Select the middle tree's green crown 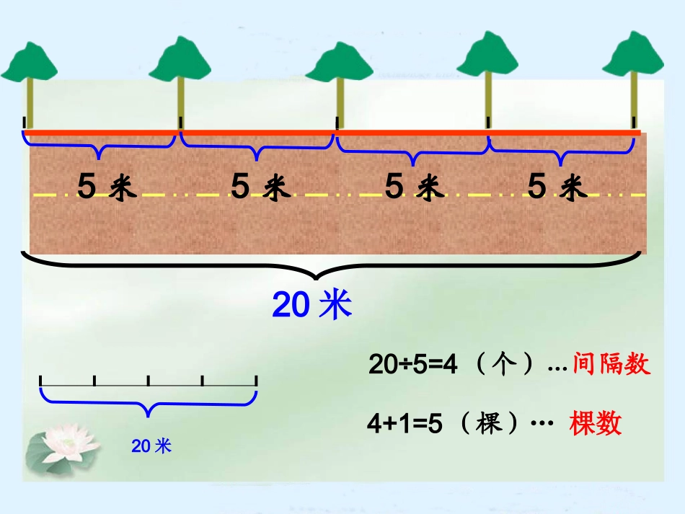(x=337, y=63)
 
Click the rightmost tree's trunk (x=634, y=97)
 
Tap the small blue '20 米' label (x=151, y=447)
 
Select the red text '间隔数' (x=611, y=365)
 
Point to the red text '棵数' (x=595, y=423)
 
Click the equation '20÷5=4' (x=413, y=365)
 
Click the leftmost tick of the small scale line (x=41, y=381)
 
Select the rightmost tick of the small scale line (x=256, y=381)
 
